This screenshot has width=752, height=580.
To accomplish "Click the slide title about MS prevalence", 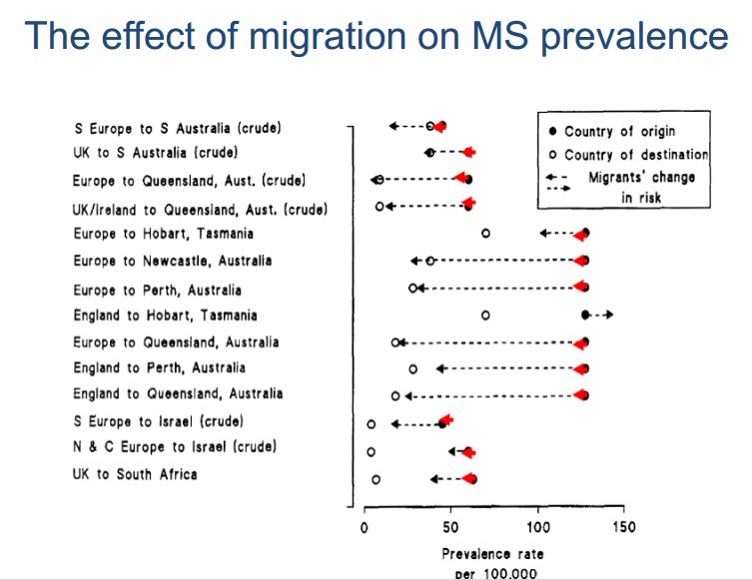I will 376,37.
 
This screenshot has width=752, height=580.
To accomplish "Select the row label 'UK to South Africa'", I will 135,474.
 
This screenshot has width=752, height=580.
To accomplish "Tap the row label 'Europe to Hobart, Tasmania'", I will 164,234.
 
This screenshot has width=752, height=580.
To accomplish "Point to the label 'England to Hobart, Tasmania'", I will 165,315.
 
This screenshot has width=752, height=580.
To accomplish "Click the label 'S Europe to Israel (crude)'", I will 159,421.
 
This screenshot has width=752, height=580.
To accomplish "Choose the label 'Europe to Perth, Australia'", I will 157,290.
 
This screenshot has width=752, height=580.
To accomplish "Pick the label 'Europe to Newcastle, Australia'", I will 172,261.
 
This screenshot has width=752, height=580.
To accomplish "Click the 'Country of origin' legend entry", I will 619,131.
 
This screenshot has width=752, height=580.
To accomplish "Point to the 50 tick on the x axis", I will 450,527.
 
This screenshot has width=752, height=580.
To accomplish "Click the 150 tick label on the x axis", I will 624,527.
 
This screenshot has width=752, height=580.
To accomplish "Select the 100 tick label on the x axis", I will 538,527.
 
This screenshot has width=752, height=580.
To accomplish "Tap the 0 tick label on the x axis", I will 365,527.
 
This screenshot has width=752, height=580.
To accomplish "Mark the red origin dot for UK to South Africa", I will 470,479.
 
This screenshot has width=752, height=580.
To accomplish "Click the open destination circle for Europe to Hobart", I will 485,234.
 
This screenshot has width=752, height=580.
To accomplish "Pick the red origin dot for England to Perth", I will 582,368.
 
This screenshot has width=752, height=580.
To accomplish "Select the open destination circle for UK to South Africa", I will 376,479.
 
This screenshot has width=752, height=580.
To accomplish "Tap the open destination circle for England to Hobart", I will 485,315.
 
